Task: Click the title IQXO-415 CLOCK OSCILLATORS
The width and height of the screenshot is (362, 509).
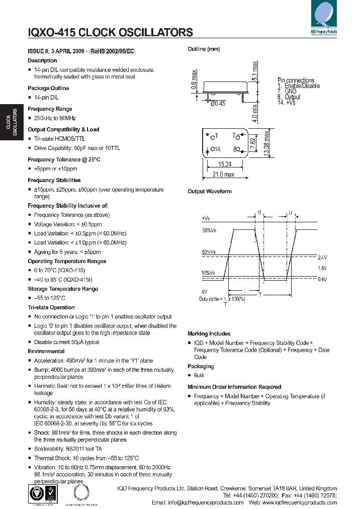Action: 110,33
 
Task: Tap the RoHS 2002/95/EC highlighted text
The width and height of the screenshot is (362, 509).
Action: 113,51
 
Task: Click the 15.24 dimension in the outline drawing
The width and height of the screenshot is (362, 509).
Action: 225,164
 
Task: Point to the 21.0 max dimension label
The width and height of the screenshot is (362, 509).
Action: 224,175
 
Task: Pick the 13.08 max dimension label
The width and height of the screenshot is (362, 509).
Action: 268,143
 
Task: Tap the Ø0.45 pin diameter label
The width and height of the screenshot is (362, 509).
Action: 218,103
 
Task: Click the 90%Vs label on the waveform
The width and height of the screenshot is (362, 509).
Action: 209,230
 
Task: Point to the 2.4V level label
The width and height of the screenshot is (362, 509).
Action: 322,257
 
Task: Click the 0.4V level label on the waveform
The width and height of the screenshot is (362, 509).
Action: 322,279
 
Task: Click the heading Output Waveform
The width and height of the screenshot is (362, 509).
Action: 210,192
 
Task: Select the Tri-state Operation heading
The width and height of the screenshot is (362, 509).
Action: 51,307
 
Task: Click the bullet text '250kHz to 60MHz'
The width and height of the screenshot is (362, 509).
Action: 55,118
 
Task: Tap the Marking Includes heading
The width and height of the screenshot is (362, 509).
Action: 209,334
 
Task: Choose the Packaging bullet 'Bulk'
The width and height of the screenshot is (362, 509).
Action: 199,376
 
